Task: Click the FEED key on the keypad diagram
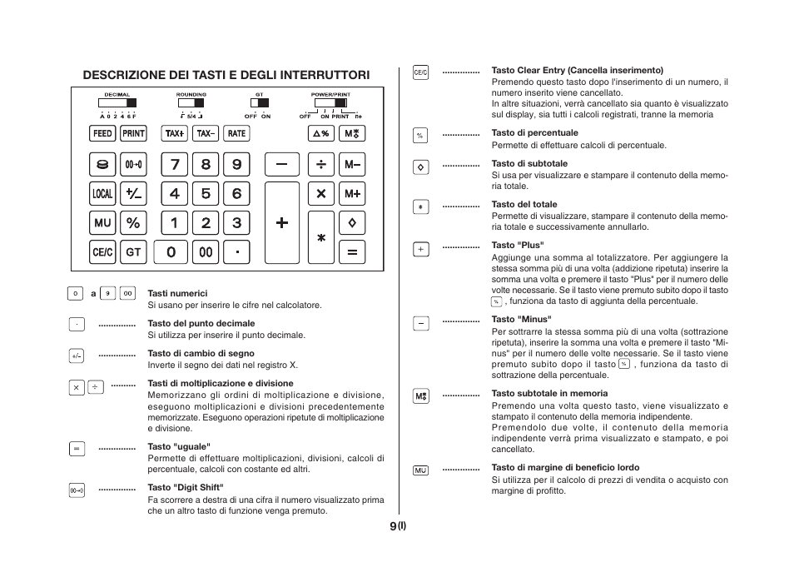tap(102, 133)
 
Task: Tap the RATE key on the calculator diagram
tap(237, 133)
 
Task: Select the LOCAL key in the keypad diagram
tap(102, 194)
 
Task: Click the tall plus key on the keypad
tap(282, 223)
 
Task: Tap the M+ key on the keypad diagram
tap(352, 194)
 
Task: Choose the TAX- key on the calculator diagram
tap(206, 133)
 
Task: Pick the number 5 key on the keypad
tap(206, 194)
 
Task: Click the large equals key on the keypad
tap(352, 251)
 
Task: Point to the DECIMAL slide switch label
tap(117, 95)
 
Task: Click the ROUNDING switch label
tap(191, 95)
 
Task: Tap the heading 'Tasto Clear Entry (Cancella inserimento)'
tap(577, 71)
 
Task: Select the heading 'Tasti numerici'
tap(177, 293)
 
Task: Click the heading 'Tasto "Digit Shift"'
tap(186, 487)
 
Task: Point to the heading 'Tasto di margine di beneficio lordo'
tap(565, 468)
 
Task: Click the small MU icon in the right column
tap(421, 470)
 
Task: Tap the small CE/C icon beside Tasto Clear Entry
tap(421, 72)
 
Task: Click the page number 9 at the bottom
tap(392, 526)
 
